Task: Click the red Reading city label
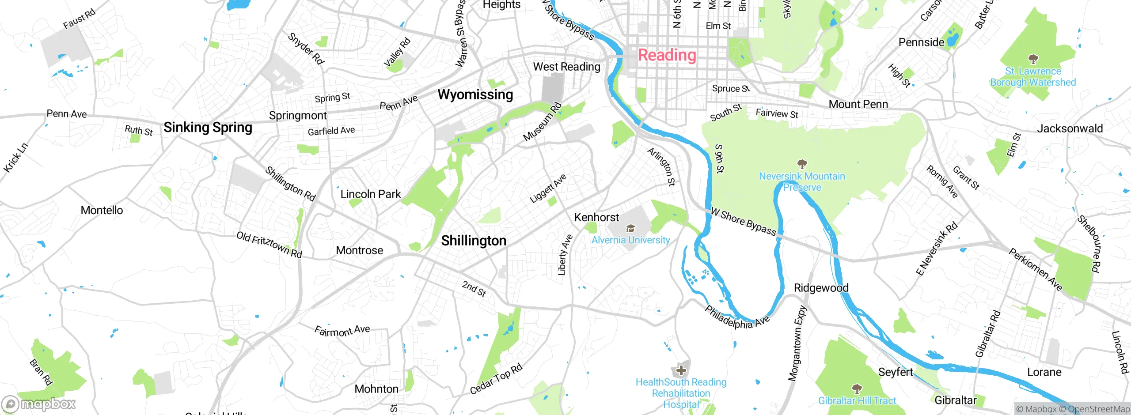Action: point(667,56)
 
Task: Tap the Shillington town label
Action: point(474,241)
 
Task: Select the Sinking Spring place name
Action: point(208,128)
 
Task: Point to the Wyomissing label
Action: point(475,94)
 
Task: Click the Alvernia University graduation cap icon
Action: point(631,228)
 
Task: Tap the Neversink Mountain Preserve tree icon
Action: point(802,164)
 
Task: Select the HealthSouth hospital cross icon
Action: point(681,370)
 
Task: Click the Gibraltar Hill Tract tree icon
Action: point(857,389)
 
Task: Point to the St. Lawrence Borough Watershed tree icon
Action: point(1033,59)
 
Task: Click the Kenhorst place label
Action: point(596,217)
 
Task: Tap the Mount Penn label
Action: point(858,104)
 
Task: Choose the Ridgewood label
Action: point(821,288)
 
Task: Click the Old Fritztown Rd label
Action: point(269,244)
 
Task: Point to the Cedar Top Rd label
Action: point(496,379)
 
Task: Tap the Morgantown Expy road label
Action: point(797,343)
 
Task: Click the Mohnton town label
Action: point(376,389)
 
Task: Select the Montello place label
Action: point(102,210)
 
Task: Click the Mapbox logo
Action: point(39,404)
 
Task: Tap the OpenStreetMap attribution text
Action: point(1098,409)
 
